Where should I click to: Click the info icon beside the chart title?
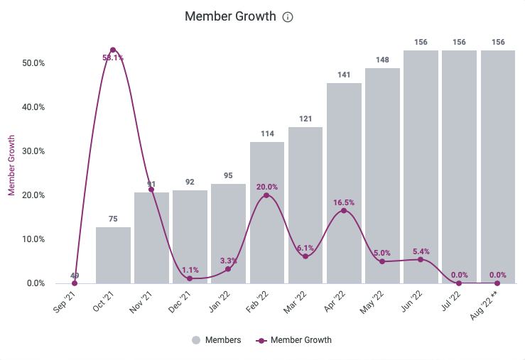click(x=288, y=17)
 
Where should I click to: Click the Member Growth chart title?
click(x=230, y=16)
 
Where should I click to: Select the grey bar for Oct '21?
click(x=113, y=255)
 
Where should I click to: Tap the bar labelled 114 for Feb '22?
click(x=267, y=212)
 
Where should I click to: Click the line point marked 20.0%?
click(x=266, y=195)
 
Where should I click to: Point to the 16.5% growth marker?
click(x=344, y=211)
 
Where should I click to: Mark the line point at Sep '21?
click(x=75, y=283)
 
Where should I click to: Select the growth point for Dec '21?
click(x=190, y=278)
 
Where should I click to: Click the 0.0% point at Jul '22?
click(x=459, y=283)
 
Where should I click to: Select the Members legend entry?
click(x=217, y=340)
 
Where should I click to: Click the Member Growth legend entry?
click(x=295, y=340)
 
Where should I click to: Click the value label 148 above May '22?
click(x=382, y=60)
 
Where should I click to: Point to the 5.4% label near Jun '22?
click(x=421, y=251)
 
